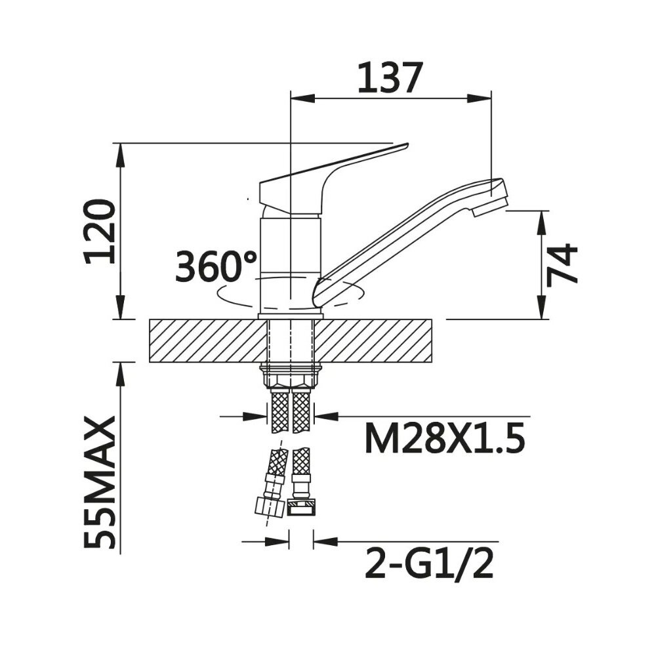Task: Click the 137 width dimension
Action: point(388,78)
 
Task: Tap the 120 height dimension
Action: point(100,232)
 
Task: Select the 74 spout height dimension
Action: point(562,264)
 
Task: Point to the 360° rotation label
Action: point(216,266)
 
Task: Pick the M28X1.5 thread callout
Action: point(445,438)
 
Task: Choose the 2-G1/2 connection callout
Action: point(429,564)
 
